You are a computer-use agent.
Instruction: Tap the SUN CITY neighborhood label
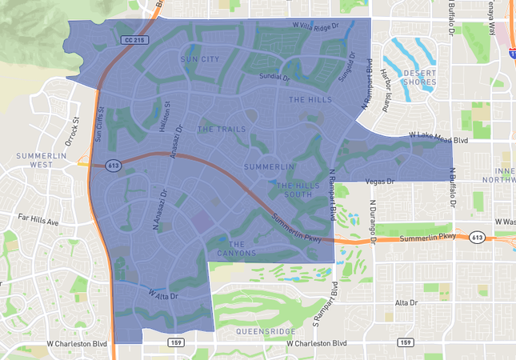pyautogui.click(x=200, y=59)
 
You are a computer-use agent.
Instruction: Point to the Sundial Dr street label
pyautogui.click(x=274, y=77)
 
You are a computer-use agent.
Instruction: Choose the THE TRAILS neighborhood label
pyautogui.click(x=217, y=129)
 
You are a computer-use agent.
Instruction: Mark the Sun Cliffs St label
pyautogui.click(x=100, y=124)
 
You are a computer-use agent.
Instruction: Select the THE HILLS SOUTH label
pyautogui.click(x=293, y=190)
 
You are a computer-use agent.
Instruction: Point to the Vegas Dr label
pyautogui.click(x=381, y=182)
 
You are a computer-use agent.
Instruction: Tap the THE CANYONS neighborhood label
pyautogui.click(x=237, y=249)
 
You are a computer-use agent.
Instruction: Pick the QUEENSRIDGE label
pyautogui.click(x=266, y=330)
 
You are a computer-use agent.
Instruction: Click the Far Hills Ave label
pyautogui.click(x=38, y=220)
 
